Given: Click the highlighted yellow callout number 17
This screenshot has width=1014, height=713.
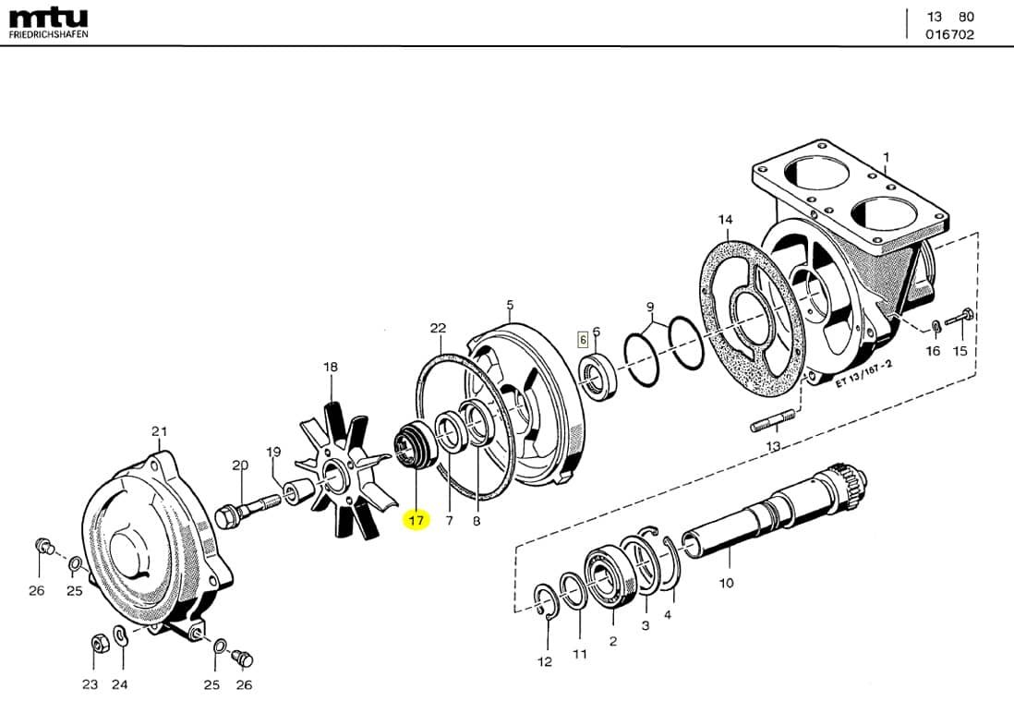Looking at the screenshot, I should [x=416, y=521].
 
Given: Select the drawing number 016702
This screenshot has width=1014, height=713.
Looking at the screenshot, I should [x=949, y=35].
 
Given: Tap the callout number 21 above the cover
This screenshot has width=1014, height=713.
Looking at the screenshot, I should [x=160, y=431].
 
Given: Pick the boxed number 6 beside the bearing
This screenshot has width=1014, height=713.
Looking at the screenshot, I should [x=583, y=339].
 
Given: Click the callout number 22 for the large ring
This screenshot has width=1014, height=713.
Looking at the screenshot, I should [x=438, y=328].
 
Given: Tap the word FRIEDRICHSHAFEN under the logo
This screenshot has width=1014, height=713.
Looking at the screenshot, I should [x=49, y=34].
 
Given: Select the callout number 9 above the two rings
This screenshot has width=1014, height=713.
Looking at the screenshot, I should [x=649, y=306].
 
